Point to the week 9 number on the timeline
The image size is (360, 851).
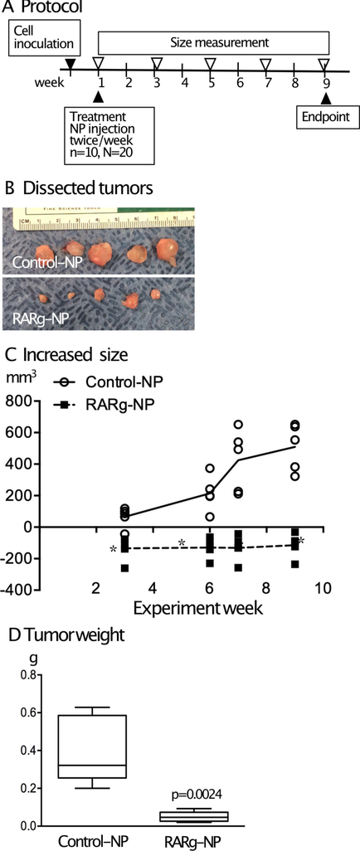point(324,83)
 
